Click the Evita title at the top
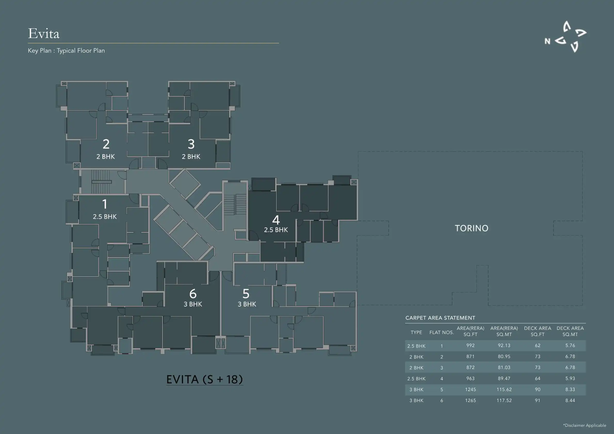click(x=44, y=34)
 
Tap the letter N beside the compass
click(x=547, y=42)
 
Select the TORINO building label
click(x=471, y=228)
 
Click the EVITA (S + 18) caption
click(x=204, y=379)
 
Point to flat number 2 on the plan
click(x=106, y=144)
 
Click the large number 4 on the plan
click(x=276, y=220)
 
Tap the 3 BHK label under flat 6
click(x=193, y=304)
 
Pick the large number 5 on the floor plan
click(x=246, y=294)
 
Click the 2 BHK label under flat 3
click(x=191, y=157)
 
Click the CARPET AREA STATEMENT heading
click(x=440, y=318)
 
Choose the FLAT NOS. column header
click(x=441, y=332)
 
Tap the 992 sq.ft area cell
click(x=470, y=346)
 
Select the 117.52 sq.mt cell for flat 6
click(x=504, y=400)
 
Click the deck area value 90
click(x=537, y=389)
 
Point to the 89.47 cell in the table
click(x=504, y=378)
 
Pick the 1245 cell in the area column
click(x=470, y=389)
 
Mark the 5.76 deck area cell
click(x=570, y=346)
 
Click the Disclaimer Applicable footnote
click(x=585, y=425)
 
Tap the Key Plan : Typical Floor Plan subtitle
click(x=66, y=51)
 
